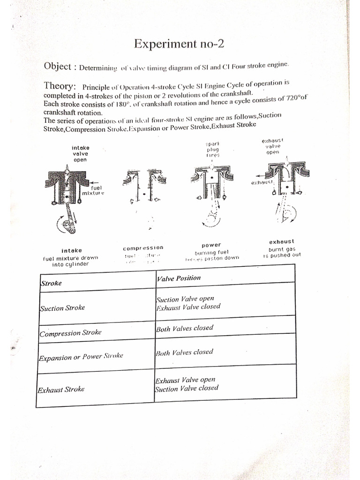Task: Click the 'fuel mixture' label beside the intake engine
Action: coord(92,190)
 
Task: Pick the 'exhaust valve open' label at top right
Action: coord(272,146)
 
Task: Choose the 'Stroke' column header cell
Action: coord(52,283)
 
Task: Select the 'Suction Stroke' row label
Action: coord(62,307)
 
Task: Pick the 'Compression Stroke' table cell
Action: coord(70,333)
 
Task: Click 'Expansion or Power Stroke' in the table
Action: coord(81,357)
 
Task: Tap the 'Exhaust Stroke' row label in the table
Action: coord(60,390)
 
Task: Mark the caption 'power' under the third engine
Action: coord(211,245)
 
